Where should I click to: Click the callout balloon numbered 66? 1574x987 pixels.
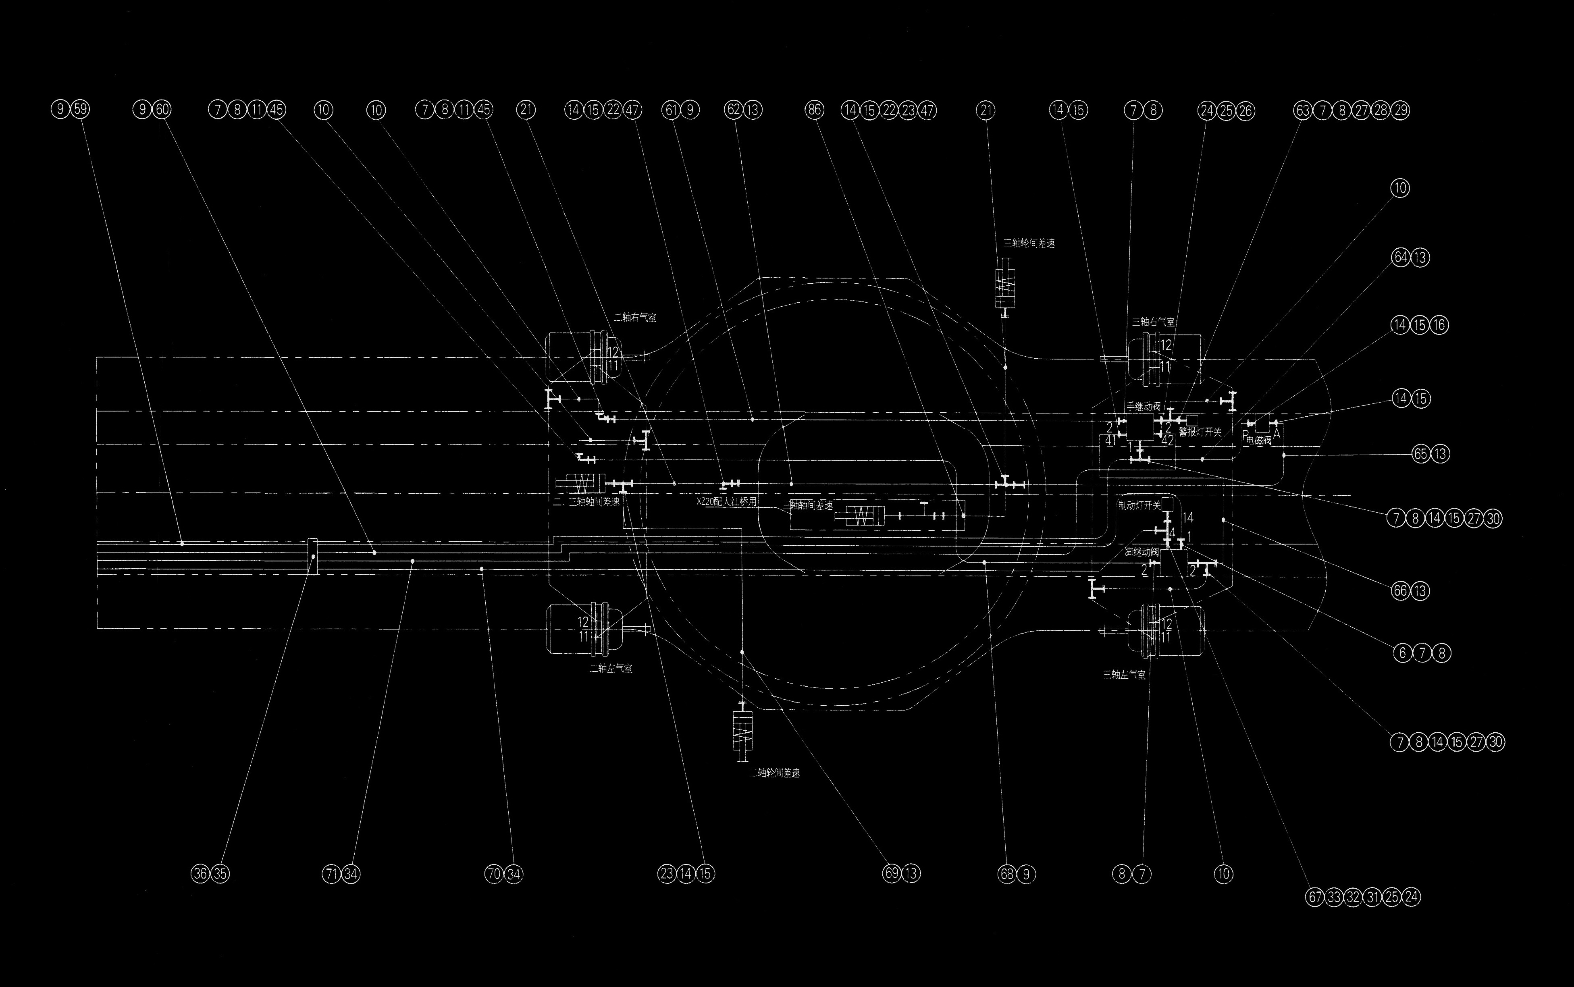(1400, 591)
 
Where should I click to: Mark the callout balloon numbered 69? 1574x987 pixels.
(892, 873)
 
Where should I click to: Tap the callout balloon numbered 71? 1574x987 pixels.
(332, 873)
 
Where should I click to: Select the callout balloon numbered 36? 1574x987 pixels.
(200, 873)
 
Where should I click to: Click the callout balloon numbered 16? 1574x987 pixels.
(1439, 325)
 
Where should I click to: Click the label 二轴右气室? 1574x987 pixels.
(634, 318)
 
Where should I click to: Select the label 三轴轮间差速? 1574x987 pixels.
(1029, 243)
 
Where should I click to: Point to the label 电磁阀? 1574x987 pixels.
(1259, 441)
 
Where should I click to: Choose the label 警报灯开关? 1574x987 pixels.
(1200, 432)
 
